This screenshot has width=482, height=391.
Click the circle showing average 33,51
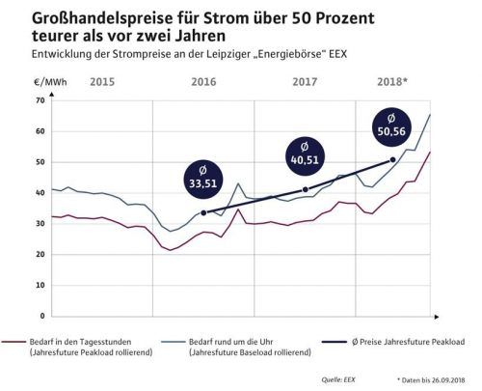[x=204, y=175]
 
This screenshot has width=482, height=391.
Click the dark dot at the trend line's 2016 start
[x=203, y=212]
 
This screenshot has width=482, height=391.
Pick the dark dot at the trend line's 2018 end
[x=392, y=159]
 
